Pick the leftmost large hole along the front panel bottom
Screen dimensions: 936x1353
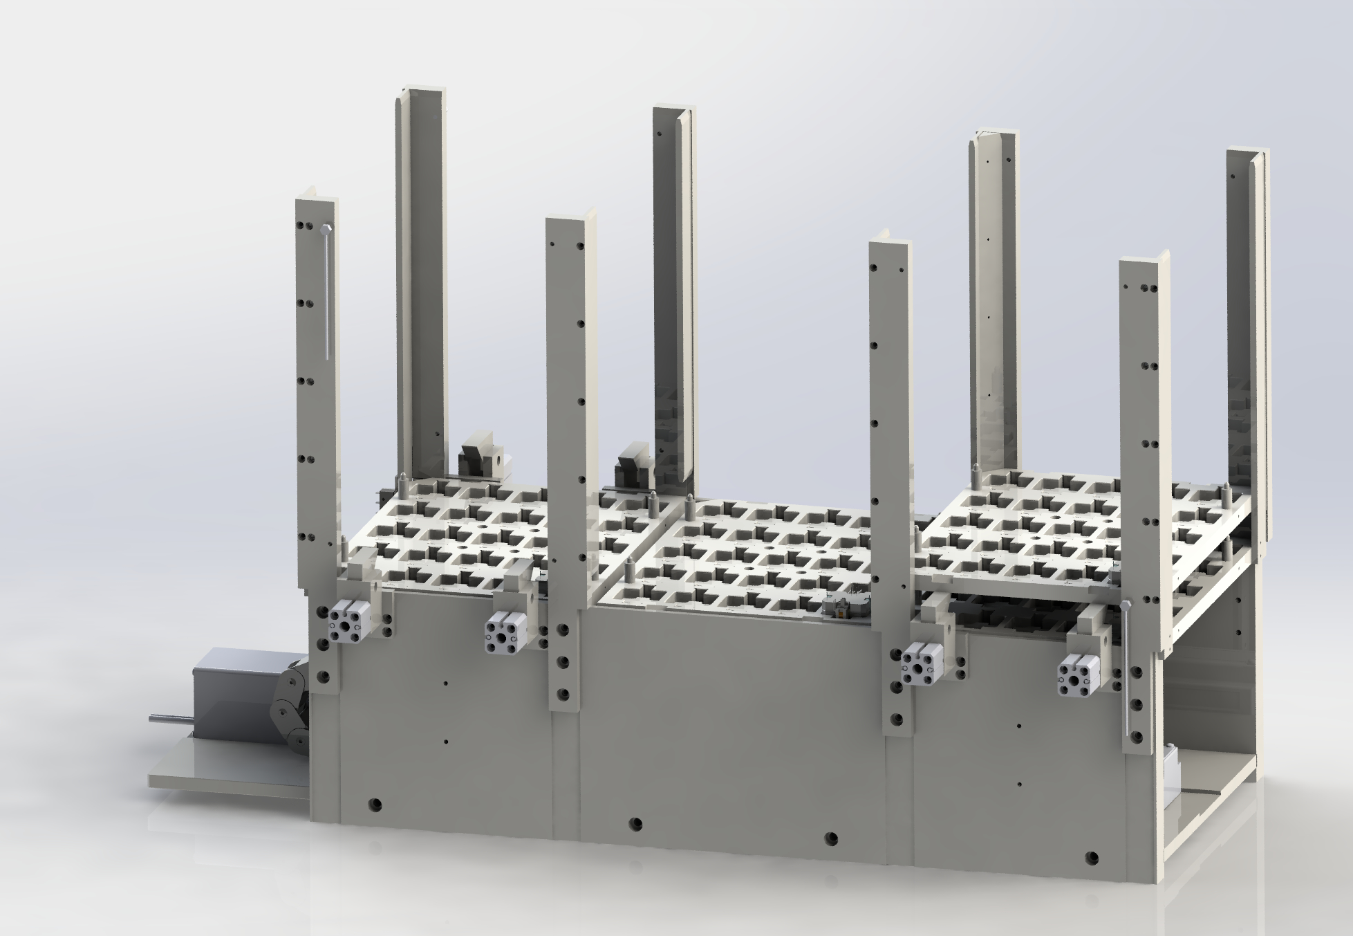tap(375, 804)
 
